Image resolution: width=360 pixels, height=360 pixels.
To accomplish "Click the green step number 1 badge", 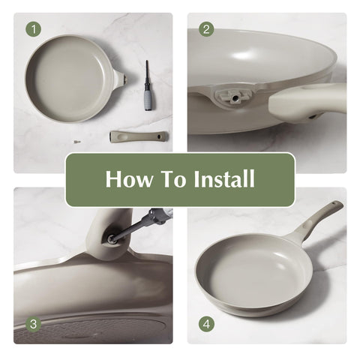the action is click(34, 29).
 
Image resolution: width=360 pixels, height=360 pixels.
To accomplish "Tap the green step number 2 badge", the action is click(206, 29).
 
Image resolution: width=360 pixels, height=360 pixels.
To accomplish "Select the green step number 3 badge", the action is click(33, 324).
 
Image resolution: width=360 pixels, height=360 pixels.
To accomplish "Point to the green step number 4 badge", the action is click(206, 324).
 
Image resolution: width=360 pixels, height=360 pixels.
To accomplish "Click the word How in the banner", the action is click(129, 178).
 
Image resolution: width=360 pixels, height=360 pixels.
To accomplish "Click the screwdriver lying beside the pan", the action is click(149, 85).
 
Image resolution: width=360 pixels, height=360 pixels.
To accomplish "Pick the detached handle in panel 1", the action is click(139, 136).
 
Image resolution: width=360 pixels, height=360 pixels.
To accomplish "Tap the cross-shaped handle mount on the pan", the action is click(233, 96).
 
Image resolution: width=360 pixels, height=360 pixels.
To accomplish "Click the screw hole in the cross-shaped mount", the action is click(234, 98).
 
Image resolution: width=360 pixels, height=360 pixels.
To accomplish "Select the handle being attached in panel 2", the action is click(307, 101).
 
